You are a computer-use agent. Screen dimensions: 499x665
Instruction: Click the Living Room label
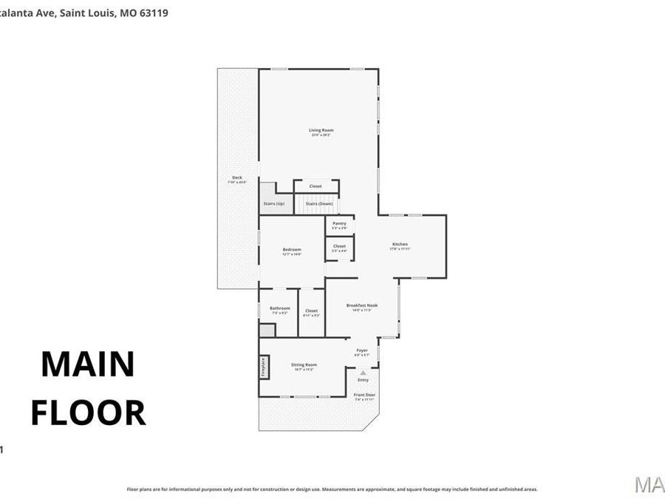[321, 130]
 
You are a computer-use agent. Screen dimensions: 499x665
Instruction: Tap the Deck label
[237, 177]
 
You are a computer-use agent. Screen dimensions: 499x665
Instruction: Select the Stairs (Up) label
[274, 203]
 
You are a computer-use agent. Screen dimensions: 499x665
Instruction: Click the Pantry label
[339, 223]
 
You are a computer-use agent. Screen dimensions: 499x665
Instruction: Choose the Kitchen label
[400, 245]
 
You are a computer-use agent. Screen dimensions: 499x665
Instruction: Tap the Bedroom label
[292, 250]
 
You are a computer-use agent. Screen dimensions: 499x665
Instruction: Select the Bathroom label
[279, 308]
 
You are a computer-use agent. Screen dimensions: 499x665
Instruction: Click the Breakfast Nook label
[362, 305]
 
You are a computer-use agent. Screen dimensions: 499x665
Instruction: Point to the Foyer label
[362, 350]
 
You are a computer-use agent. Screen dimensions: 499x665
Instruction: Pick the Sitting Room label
[304, 364]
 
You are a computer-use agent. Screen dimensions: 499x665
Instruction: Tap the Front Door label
[364, 395]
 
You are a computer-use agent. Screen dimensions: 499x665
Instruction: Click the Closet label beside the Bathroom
[311, 311]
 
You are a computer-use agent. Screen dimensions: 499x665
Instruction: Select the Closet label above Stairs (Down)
[316, 186]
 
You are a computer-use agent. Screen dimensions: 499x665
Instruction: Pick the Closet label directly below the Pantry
[339, 246]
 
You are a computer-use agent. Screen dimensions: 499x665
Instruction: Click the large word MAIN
[88, 364]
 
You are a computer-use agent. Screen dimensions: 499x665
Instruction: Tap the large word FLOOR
[88, 413]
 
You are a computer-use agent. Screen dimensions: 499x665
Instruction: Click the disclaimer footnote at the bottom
[332, 489]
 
